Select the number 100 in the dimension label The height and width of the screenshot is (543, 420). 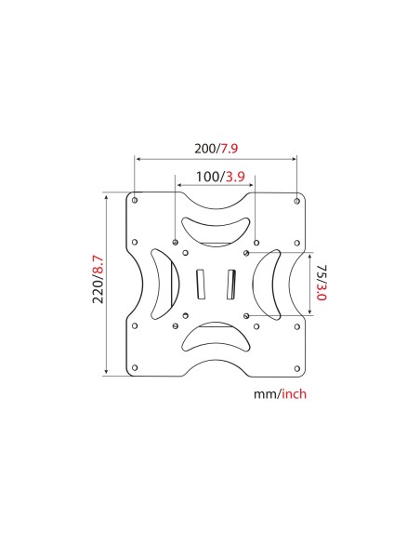[x=195, y=177]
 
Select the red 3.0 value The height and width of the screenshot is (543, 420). [x=321, y=295]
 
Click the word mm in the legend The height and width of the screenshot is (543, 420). [x=264, y=393]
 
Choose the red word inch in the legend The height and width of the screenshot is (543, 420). [x=292, y=393]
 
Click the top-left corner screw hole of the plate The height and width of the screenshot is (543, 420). [x=136, y=200]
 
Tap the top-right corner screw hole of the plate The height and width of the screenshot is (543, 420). [x=295, y=200]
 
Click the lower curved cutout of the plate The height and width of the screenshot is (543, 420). [x=216, y=338]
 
